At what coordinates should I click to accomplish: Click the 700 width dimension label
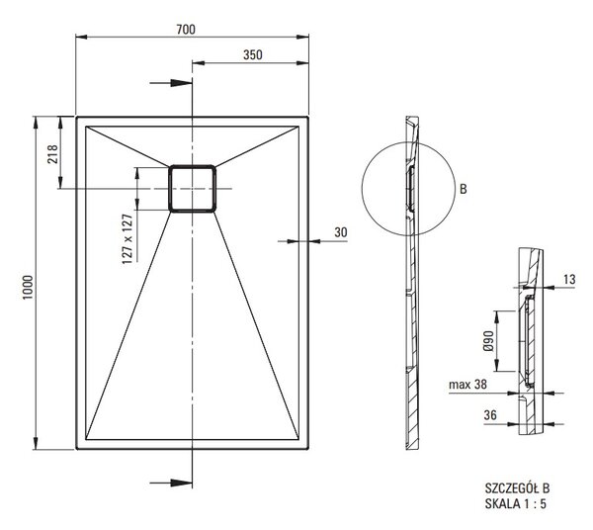click(186, 29)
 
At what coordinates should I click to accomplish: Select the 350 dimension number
click(253, 54)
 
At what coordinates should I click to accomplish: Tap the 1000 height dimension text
click(28, 288)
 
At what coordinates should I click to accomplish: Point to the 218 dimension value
click(52, 154)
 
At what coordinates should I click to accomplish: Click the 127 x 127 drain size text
click(127, 238)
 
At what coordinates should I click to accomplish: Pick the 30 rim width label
click(340, 232)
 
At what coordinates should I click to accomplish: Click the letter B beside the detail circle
click(464, 189)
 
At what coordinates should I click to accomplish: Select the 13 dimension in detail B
click(569, 280)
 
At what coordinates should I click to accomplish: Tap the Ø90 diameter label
click(488, 341)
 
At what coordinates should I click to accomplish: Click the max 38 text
click(467, 385)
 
